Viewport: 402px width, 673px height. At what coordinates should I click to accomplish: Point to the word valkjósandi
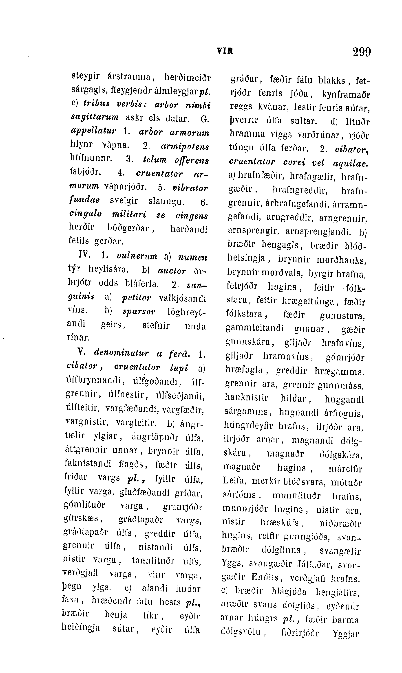click(182, 299)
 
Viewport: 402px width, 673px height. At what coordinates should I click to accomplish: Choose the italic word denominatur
click(121, 353)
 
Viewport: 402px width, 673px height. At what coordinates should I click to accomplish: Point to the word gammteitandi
click(255, 328)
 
